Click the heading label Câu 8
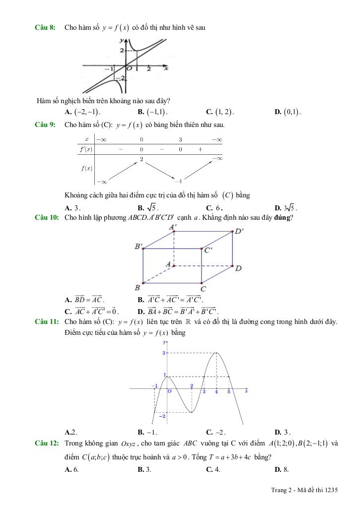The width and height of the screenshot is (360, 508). tap(45, 28)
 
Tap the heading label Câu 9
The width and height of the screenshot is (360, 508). tap(45, 125)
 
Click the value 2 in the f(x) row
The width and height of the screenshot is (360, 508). tap(142, 159)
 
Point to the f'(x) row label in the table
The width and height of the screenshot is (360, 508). tap(86, 149)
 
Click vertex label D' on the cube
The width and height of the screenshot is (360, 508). tap(239, 231)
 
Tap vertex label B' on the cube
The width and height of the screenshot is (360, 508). tap(139, 246)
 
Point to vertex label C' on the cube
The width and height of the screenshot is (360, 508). tap(208, 250)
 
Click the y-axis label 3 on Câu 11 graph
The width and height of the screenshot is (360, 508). tap(163, 353)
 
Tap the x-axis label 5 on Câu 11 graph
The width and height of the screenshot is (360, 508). tap(229, 392)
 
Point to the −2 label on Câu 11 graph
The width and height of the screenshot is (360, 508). tap(161, 416)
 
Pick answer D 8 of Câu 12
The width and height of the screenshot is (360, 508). tap(282, 469)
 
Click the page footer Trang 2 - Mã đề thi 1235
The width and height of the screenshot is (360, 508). tap(304, 490)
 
